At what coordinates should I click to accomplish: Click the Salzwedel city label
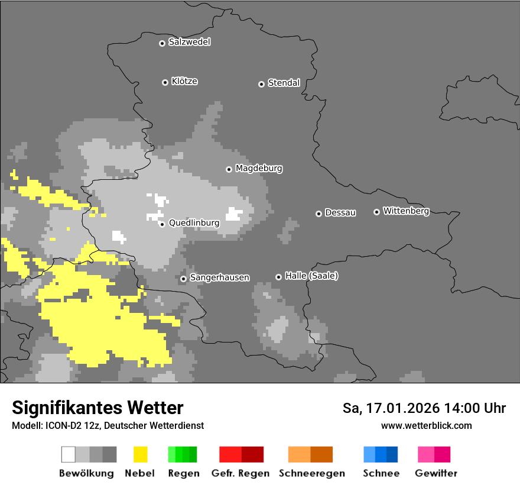(189, 42)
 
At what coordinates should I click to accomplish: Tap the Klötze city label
(184, 81)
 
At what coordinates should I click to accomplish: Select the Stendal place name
(284, 83)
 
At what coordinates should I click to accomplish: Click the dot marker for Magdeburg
(229, 169)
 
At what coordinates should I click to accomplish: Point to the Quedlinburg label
(194, 223)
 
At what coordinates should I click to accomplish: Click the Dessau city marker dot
(318, 214)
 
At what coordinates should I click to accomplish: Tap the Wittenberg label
(405, 211)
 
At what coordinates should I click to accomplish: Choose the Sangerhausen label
(219, 277)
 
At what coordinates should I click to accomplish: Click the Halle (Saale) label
(311, 276)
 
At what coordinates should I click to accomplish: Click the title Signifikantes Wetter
(97, 408)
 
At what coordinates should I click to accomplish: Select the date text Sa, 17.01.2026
(390, 408)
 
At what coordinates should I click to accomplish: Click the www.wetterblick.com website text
(426, 425)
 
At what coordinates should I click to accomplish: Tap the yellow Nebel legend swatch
(140, 454)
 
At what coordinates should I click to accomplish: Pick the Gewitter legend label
(435, 473)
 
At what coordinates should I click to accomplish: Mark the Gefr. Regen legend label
(240, 473)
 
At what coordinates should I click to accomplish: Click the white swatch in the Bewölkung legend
(69, 454)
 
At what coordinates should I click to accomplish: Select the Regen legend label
(183, 473)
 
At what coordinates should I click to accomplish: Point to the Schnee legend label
(381, 473)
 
